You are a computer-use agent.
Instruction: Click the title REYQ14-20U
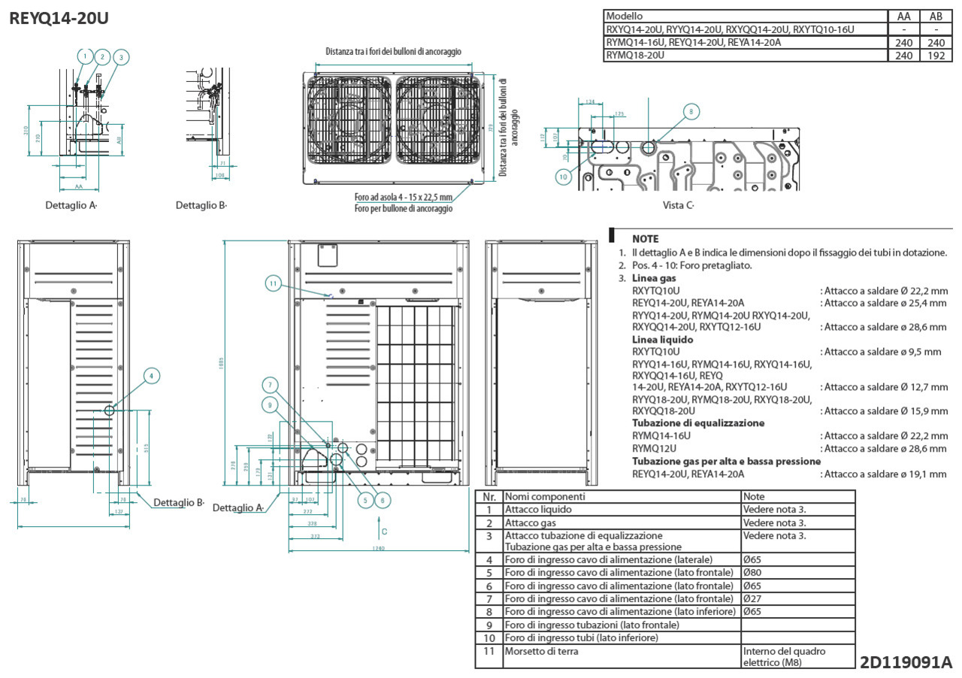[x=59, y=18]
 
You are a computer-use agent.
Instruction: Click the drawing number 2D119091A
[x=906, y=662]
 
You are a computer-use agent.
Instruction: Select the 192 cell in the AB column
[x=936, y=56]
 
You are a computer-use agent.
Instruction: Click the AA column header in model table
[x=904, y=16]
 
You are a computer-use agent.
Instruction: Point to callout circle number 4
[x=152, y=375]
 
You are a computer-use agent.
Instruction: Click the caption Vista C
[x=678, y=205]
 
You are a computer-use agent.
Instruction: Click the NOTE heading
[x=645, y=239]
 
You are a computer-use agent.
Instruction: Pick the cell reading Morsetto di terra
[x=541, y=651]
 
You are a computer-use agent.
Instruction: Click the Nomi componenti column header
[x=545, y=497]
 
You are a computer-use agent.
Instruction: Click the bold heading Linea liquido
[x=662, y=340]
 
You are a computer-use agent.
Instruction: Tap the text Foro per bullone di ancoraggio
[x=404, y=208]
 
